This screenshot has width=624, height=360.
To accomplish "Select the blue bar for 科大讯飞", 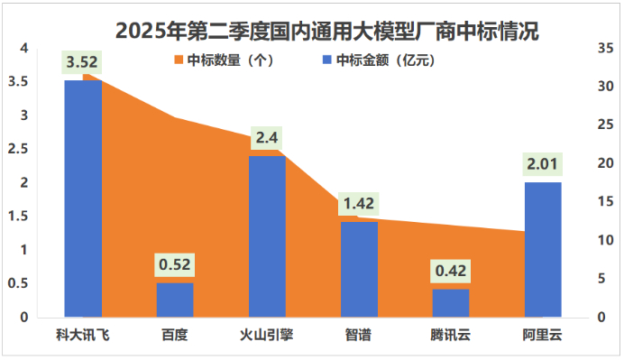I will (x=83, y=198).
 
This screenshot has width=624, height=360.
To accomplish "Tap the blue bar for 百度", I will (x=175, y=300).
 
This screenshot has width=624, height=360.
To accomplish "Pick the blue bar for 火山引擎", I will (x=267, y=236).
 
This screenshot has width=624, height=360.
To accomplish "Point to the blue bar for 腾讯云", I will (x=451, y=303).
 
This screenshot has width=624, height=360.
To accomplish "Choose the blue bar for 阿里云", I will (x=543, y=250).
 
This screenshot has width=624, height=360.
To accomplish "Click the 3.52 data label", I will (x=82, y=62).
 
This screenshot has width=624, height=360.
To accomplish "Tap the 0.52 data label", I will (x=175, y=265).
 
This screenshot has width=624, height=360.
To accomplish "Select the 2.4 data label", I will (x=267, y=138).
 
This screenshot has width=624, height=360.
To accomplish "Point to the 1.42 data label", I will (x=359, y=204).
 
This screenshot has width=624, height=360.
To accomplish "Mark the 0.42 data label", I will (x=451, y=271).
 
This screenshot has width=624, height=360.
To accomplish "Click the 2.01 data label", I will (x=543, y=164).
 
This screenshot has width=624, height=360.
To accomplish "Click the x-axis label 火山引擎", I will (x=267, y=336).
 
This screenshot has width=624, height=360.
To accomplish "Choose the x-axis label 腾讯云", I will (x=451, y=336).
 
